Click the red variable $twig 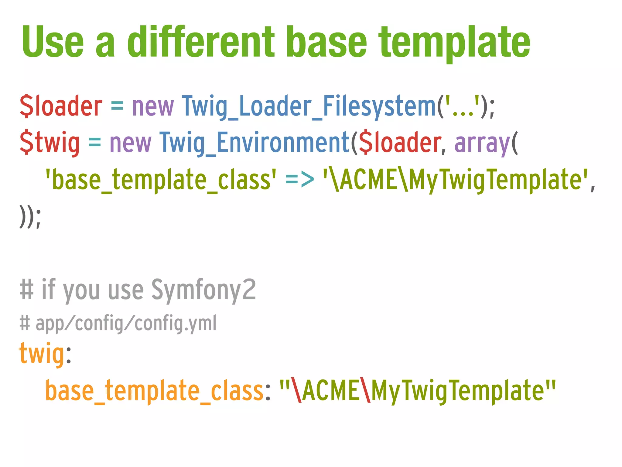point(50,143)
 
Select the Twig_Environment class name point(255,143)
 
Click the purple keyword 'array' point(482,143)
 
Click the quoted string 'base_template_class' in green point(161,180)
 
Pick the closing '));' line point(30,216)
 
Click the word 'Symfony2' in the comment point(203,290)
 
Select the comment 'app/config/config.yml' point(126,323)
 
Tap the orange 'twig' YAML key point(42,354)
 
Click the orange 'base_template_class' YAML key point(154,391)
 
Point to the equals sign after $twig point(94,143)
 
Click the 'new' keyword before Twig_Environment point(130,143)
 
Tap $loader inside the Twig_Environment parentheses point(399,143)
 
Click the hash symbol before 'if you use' point(26,290)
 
